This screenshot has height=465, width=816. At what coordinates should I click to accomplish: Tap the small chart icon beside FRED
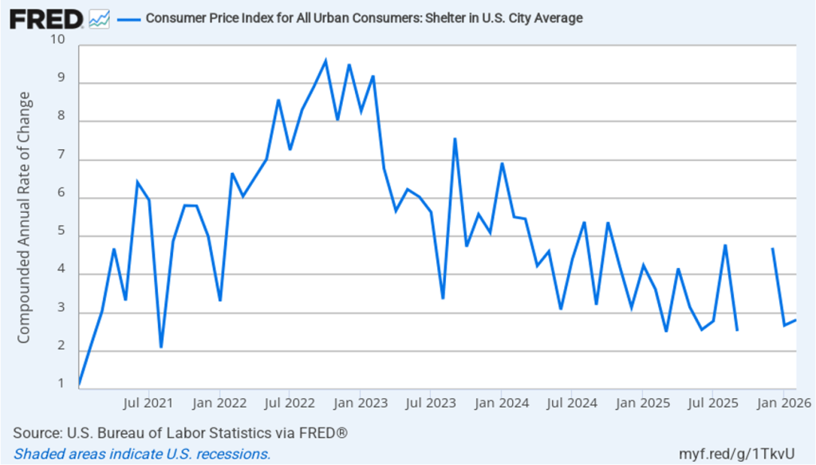point(100,18)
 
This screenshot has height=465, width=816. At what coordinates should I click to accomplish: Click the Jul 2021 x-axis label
point(149,402)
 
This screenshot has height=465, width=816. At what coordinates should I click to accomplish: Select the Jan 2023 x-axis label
point(360,402)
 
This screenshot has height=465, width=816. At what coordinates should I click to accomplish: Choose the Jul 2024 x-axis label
point(572,402)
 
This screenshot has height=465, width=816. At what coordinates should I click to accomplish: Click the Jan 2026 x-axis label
point(784,402)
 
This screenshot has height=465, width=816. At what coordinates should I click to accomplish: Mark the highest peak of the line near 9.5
point(325,61)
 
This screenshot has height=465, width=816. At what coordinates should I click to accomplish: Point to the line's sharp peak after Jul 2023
point(455,140)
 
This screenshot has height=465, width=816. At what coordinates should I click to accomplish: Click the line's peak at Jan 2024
point(502,164)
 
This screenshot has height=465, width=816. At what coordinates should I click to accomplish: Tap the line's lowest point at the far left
point(79,384)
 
